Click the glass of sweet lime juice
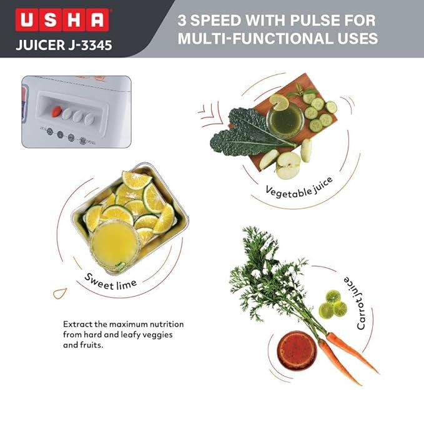[114, 247]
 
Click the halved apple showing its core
[288, 165]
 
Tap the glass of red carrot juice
[297, 350]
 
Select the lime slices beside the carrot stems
[332, 304]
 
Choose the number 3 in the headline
[185, 20]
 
